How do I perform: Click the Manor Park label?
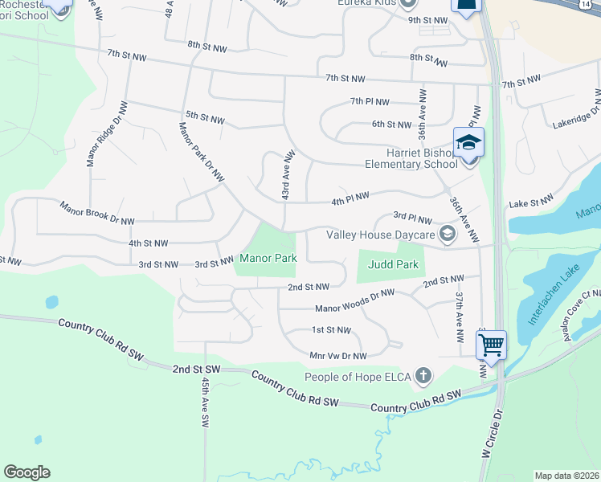[x=268, y=259]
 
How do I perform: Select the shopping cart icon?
[x=490, y=345]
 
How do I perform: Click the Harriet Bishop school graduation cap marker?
[x=468, y=143]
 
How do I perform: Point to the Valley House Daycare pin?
[x=448, y=235]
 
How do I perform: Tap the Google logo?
[x=27, y=472]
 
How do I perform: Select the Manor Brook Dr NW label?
[x=97, y=214]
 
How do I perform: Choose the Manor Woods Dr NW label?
[x=355, y=301]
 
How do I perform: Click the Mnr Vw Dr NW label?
[x=337, y=355]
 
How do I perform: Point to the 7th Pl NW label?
[x=370, y=102]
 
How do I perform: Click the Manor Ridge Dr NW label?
[x=107, y=134]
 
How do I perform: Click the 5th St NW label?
[x=204, y=118]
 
